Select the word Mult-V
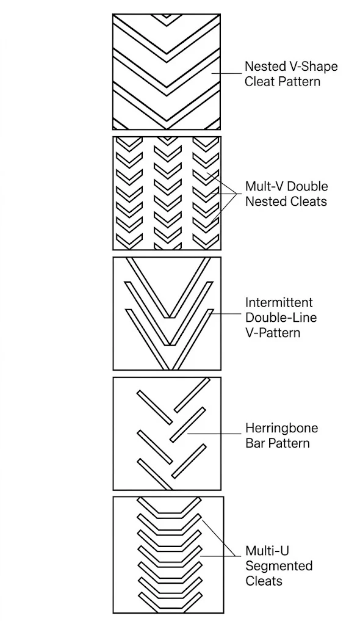[x=264, y=186]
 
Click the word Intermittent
[x=279, y=302]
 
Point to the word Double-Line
[x=281, y=318]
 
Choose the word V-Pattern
[x=273, y=332]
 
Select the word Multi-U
[x=267, y=551]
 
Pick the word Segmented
[x=279, y=565]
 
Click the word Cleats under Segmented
[x=264, y=581]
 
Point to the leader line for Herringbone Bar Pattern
[x=214, y=434]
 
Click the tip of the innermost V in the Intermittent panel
[x=169, y=317]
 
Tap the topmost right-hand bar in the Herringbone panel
[x=192, y=395]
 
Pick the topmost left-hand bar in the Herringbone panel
[x=154, y=407]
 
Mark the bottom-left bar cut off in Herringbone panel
[x=155, y=474]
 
